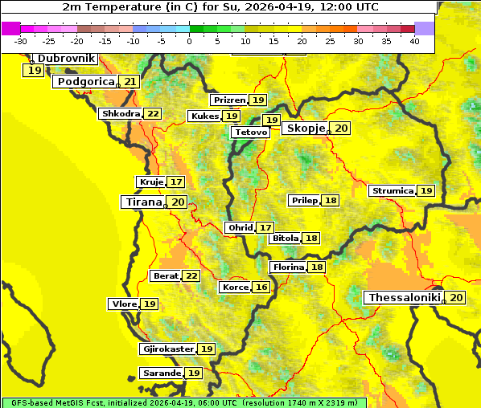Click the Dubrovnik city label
click(x=64, y=59)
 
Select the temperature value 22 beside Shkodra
click(x=153, y=114)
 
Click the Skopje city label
click(x=305, y=129)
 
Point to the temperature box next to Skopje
click(x=341, y=129)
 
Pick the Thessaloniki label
click(x=404, y=298)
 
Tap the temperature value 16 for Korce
click(x=261, y=288)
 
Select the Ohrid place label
click(x=240, y=228)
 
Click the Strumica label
click(x=392, y=191)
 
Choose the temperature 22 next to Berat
click(x=191, y=276)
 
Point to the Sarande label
click(x=160, y=373)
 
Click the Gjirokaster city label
click(x=167, y=349)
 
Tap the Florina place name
click(x=288, y=267)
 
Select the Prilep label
click(x=304, y=200)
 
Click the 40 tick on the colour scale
click(x=414, y=41)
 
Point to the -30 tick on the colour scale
click(x=21, y=41)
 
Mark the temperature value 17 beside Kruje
click(x=175, y=182)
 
